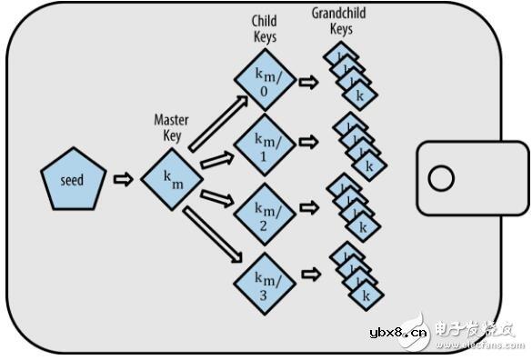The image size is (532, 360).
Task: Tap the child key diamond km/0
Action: (265, 80)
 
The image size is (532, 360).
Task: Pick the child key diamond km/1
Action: (265, 144)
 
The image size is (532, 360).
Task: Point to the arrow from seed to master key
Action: (122, 180)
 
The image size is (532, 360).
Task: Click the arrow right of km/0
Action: (309, 82)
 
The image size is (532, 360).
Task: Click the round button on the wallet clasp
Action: (441, 178)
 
